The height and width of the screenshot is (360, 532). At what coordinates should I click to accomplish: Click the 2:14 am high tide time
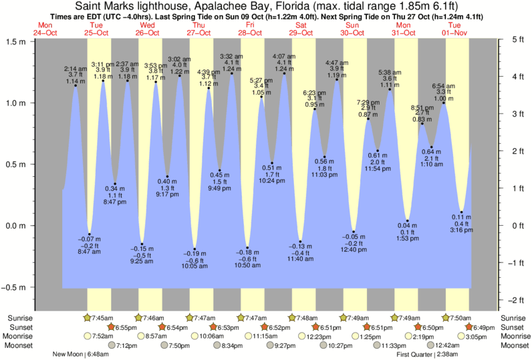click(x=76, y=69)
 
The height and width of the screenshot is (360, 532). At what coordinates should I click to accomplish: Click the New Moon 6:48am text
click(x=79, y=355)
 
